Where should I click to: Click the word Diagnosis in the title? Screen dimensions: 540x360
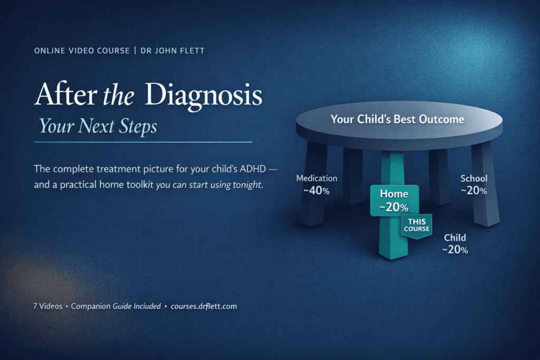click(x=204, y=95)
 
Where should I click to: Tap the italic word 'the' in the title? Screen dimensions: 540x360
click(x=119, y=95)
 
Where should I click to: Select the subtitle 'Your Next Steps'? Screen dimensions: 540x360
click(x=98, y=125)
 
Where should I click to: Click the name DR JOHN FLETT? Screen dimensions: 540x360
click(x=172, y=51)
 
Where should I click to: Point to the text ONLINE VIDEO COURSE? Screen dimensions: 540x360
click(x=82, y=51)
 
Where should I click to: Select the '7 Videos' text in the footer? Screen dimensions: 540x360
click(x=48, y=306)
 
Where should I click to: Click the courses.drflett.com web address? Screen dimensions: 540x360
click(x=204, y=306)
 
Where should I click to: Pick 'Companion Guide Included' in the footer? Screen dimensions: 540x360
click(x=115, y=306)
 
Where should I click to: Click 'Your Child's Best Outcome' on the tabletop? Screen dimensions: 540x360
click(x=398, y=119)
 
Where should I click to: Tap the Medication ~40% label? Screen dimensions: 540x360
click(x=317, y=184)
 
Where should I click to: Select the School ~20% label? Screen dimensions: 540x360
click(x=474, y=184)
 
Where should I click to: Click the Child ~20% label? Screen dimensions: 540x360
click(x=455, y=244)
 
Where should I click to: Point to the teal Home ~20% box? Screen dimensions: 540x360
click(x=394, y=201)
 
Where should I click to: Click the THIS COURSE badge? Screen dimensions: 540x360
click(x=417, y=226)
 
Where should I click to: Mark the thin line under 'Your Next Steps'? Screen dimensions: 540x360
click(x=143, y=142)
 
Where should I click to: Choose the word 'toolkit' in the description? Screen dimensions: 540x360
click(x=140, y=185)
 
